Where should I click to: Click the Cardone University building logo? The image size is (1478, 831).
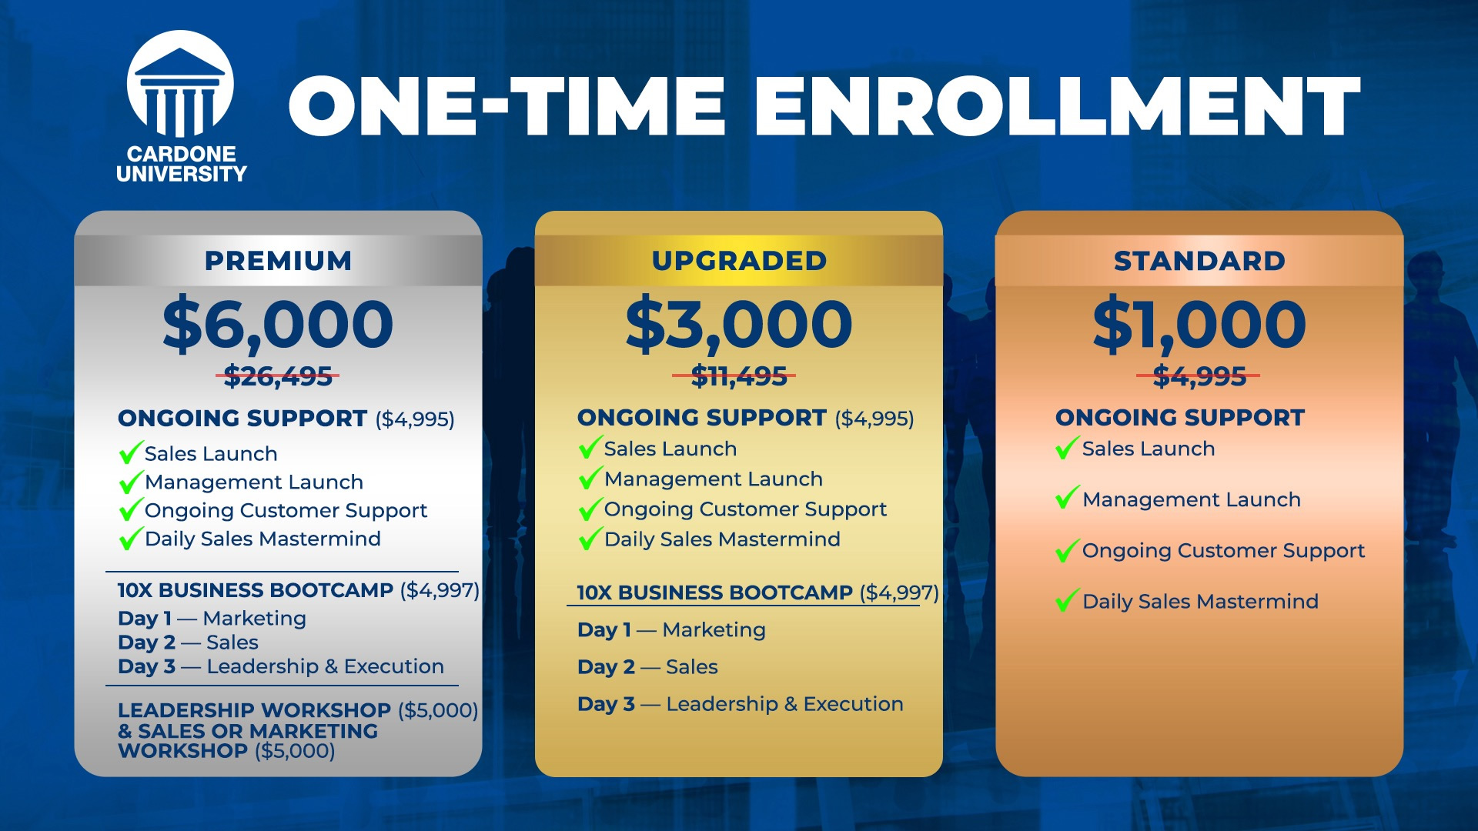(x=180, y=85)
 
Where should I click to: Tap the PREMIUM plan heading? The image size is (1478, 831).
(x=278, y=261)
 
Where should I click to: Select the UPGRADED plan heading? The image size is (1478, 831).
(x=739, y=261)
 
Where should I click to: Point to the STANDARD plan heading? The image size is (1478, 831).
(x=1199, y=261)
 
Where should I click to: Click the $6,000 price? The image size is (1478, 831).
(x=278, y=324)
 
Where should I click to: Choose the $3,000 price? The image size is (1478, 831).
(x=739, y=324)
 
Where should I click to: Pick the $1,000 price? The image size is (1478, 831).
(x=1199, y=324)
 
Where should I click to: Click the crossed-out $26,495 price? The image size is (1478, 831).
(x=278, y=376)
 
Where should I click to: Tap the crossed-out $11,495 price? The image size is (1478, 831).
(x=739, y=376)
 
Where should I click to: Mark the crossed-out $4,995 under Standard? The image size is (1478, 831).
(x=1199, y=376)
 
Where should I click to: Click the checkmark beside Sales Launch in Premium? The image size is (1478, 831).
(x=131, y=452)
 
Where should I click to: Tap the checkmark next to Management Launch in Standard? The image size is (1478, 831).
(x=1068, y=498)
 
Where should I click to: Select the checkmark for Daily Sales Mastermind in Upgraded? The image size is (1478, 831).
(x=590, y=538)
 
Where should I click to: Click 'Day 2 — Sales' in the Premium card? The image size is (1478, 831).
(x=188, y=642)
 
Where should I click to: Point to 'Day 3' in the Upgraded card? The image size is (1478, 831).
(x=607, y=704)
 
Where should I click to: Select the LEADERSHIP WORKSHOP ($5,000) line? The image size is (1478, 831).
(x=298, y=710)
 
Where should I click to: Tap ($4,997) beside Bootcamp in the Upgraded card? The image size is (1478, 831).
(x=899, y=592)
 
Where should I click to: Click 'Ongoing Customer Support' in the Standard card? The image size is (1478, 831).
(x=1223, y=551)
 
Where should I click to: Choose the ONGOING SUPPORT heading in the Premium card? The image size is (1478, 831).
(x=242, y=419)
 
